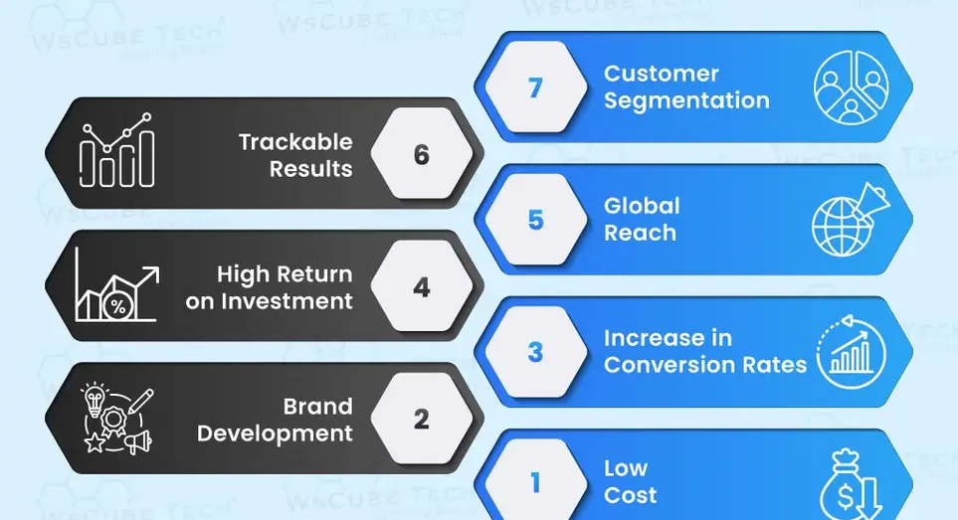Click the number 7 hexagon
(x=536, y=87)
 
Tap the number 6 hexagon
(x=422, y=154)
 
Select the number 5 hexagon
(x=536, y=220)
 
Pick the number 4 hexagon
(x=422, y=286)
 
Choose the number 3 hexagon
(x=536, y=352)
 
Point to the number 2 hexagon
(x=422, y=419)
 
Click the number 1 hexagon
(x=536, y=482)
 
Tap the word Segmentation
(x=686, y=101)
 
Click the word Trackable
(x=295, y=142)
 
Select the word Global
(x=642, y=206)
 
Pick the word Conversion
(x=664, y=365)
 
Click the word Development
(x=275, y=433)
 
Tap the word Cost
(x=631, y=495)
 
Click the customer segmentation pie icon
(x=852, y=87)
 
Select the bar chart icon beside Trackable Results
(x=116, y=150)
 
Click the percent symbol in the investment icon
(x=118, y=306)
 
